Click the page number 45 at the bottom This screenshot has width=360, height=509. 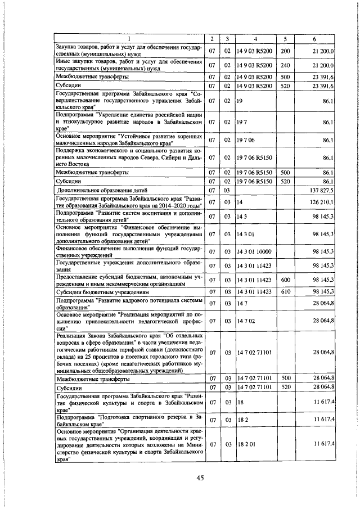pos(199,478)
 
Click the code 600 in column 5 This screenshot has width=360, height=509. pos(285,280)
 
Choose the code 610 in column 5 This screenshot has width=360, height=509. pos(285,291)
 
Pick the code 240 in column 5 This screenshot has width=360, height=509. pos(285,65)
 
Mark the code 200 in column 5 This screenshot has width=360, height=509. pos(285,51)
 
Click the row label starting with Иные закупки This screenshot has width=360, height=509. pos(128,65)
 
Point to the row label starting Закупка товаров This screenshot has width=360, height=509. pos(128,51)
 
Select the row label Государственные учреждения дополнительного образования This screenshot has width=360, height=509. pos(128,264)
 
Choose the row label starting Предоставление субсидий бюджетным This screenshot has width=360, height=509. pos(128,280)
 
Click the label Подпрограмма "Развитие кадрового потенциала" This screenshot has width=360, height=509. pos(128,304)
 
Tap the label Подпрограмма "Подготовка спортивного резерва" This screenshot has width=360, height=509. pos(128,419)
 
